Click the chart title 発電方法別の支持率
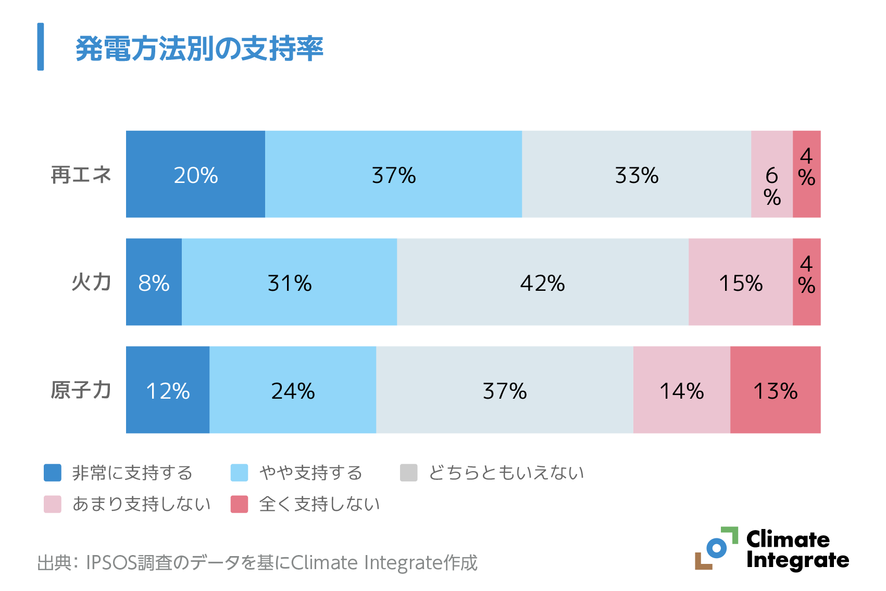[199, 49]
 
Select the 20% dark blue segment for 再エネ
[195, 174]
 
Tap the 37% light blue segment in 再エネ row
[393, 174]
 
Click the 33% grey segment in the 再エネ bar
[637, 174]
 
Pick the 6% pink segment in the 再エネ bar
[772, 174]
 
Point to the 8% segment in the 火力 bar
[154, 282]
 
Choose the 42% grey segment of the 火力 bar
[542, 282]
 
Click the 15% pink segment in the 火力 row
[740, 282]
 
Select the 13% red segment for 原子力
[775, 390]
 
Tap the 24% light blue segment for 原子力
[293, 390]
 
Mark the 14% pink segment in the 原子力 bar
[681, 390]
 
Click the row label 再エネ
[81, 175]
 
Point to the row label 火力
[91, 282]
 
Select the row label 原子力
[81, 390]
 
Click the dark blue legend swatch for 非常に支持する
[53, 473]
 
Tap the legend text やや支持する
[311, 473]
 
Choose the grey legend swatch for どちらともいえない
[409, 473]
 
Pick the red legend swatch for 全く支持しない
[240, 504]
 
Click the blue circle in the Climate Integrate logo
[717, 548]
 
